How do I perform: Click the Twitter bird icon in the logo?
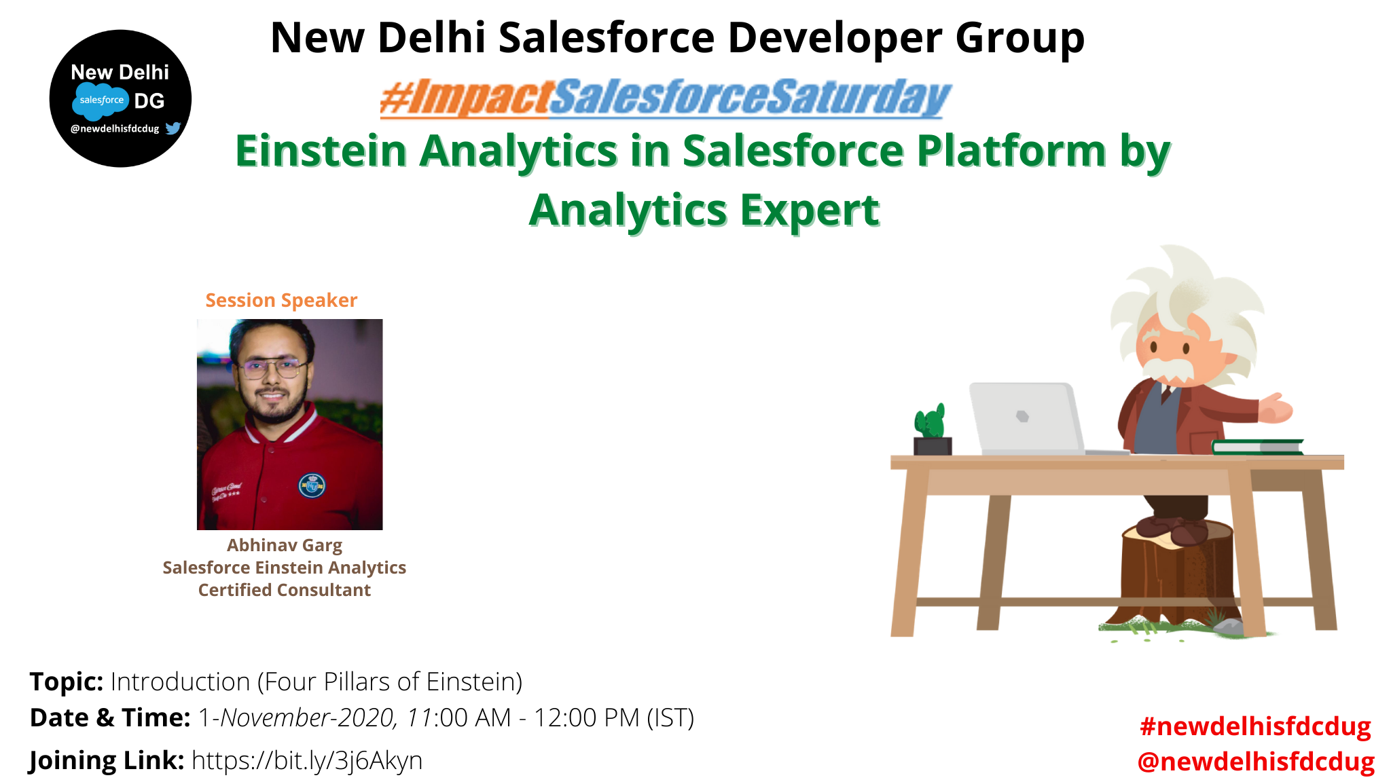(x=173, y=128)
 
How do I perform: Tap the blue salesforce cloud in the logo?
(x=101, y=100)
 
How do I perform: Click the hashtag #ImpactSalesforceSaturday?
(x=666, y=98)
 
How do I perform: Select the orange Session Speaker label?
(x=281, y=300)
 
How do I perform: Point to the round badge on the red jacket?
(x=312, y=485)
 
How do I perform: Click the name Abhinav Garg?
(x=285, y=545)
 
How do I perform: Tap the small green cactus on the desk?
(x=930, y=422)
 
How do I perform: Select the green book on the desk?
(x=1257, y=447)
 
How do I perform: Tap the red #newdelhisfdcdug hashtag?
(x=1255, y=726)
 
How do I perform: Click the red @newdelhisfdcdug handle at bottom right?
(x=1256, y=761)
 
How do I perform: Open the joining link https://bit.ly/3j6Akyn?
(x=307, y=760)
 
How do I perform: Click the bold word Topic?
(x=67, y=682)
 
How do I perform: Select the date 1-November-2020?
(x=297, y=718)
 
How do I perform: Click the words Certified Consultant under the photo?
(x=285, y=590)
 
